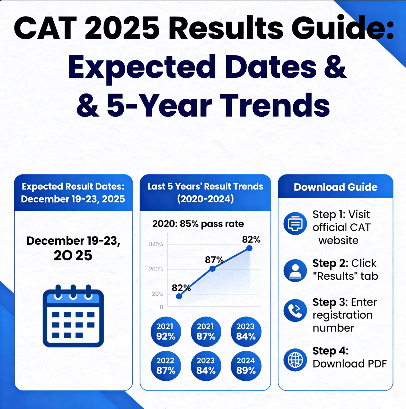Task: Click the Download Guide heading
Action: pyautogui.click(x=335, y=187)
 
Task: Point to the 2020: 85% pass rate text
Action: pyautogui.click(x=198, y=224)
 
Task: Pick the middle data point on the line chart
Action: pyautogui.click(x=212, y=268)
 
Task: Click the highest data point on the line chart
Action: pyautogui.click(x=249, y=248)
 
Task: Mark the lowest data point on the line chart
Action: pyautogui.click(x=179, y=296)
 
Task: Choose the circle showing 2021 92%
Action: pyautogui.click(x=166, y=332)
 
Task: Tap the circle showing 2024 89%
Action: pyautogui.click(x=246, y=366)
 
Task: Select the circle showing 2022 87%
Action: pyautogui.click(x=166, y=366)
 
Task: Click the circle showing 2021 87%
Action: pyautogui.click(x=206, y=332)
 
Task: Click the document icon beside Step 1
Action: pyautogui.click(x=295, y=224)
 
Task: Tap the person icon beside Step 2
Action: pyautogui.click(x=295, y=270)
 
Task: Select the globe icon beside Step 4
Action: pyautogui.click(x=295, y=360)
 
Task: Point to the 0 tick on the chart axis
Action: pyautogui.click(x=161, y=307)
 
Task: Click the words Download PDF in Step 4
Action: pyautogui.click(x=350, y=364)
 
